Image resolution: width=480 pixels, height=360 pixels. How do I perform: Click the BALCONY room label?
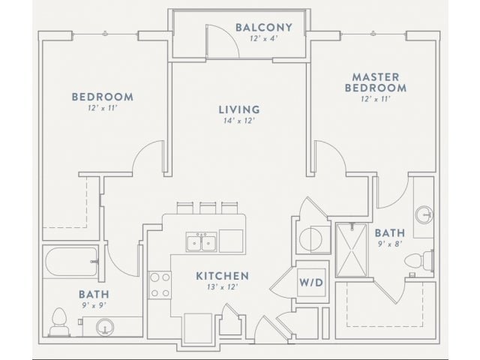tap(263, 28)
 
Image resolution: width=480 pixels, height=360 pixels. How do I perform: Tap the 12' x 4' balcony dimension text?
tap(263, 40)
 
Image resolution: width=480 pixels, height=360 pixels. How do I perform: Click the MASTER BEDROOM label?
tap(375, 82)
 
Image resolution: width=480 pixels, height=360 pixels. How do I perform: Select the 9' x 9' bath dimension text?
tap(92, 306)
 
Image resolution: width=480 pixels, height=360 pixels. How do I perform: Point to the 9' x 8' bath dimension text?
tap(389, 244)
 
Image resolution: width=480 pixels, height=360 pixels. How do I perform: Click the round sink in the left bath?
tap(105, 327)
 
